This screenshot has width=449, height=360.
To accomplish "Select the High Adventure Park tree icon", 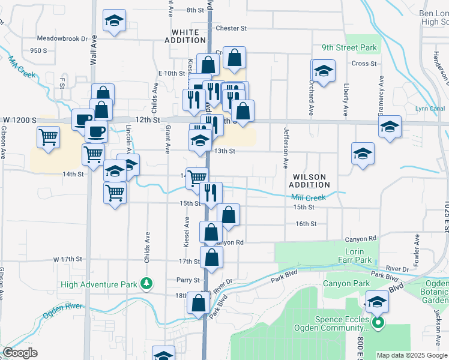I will coord(145,283).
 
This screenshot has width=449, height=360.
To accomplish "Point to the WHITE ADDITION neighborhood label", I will coord(188,36).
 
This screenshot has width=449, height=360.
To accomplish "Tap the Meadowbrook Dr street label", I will coord(62,38).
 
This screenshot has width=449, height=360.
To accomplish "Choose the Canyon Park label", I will coord(346,283).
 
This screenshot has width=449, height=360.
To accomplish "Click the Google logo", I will coord(20,353).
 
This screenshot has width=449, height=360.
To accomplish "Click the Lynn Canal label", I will coord(429,109).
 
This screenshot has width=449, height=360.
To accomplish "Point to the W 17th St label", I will coord(67,259).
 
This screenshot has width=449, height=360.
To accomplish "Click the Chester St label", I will coord(231,28).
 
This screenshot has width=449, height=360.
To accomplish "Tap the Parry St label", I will coord(187,280).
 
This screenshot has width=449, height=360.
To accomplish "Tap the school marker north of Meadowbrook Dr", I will coord(113,20).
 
